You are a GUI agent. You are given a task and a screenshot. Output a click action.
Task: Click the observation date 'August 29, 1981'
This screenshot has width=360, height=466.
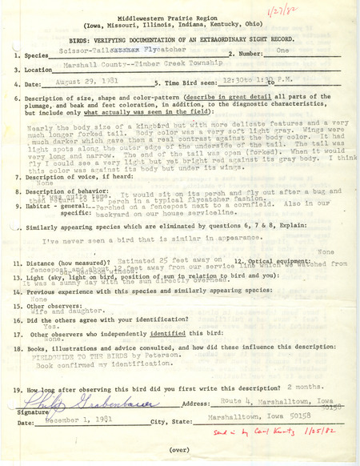click(91, 82)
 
